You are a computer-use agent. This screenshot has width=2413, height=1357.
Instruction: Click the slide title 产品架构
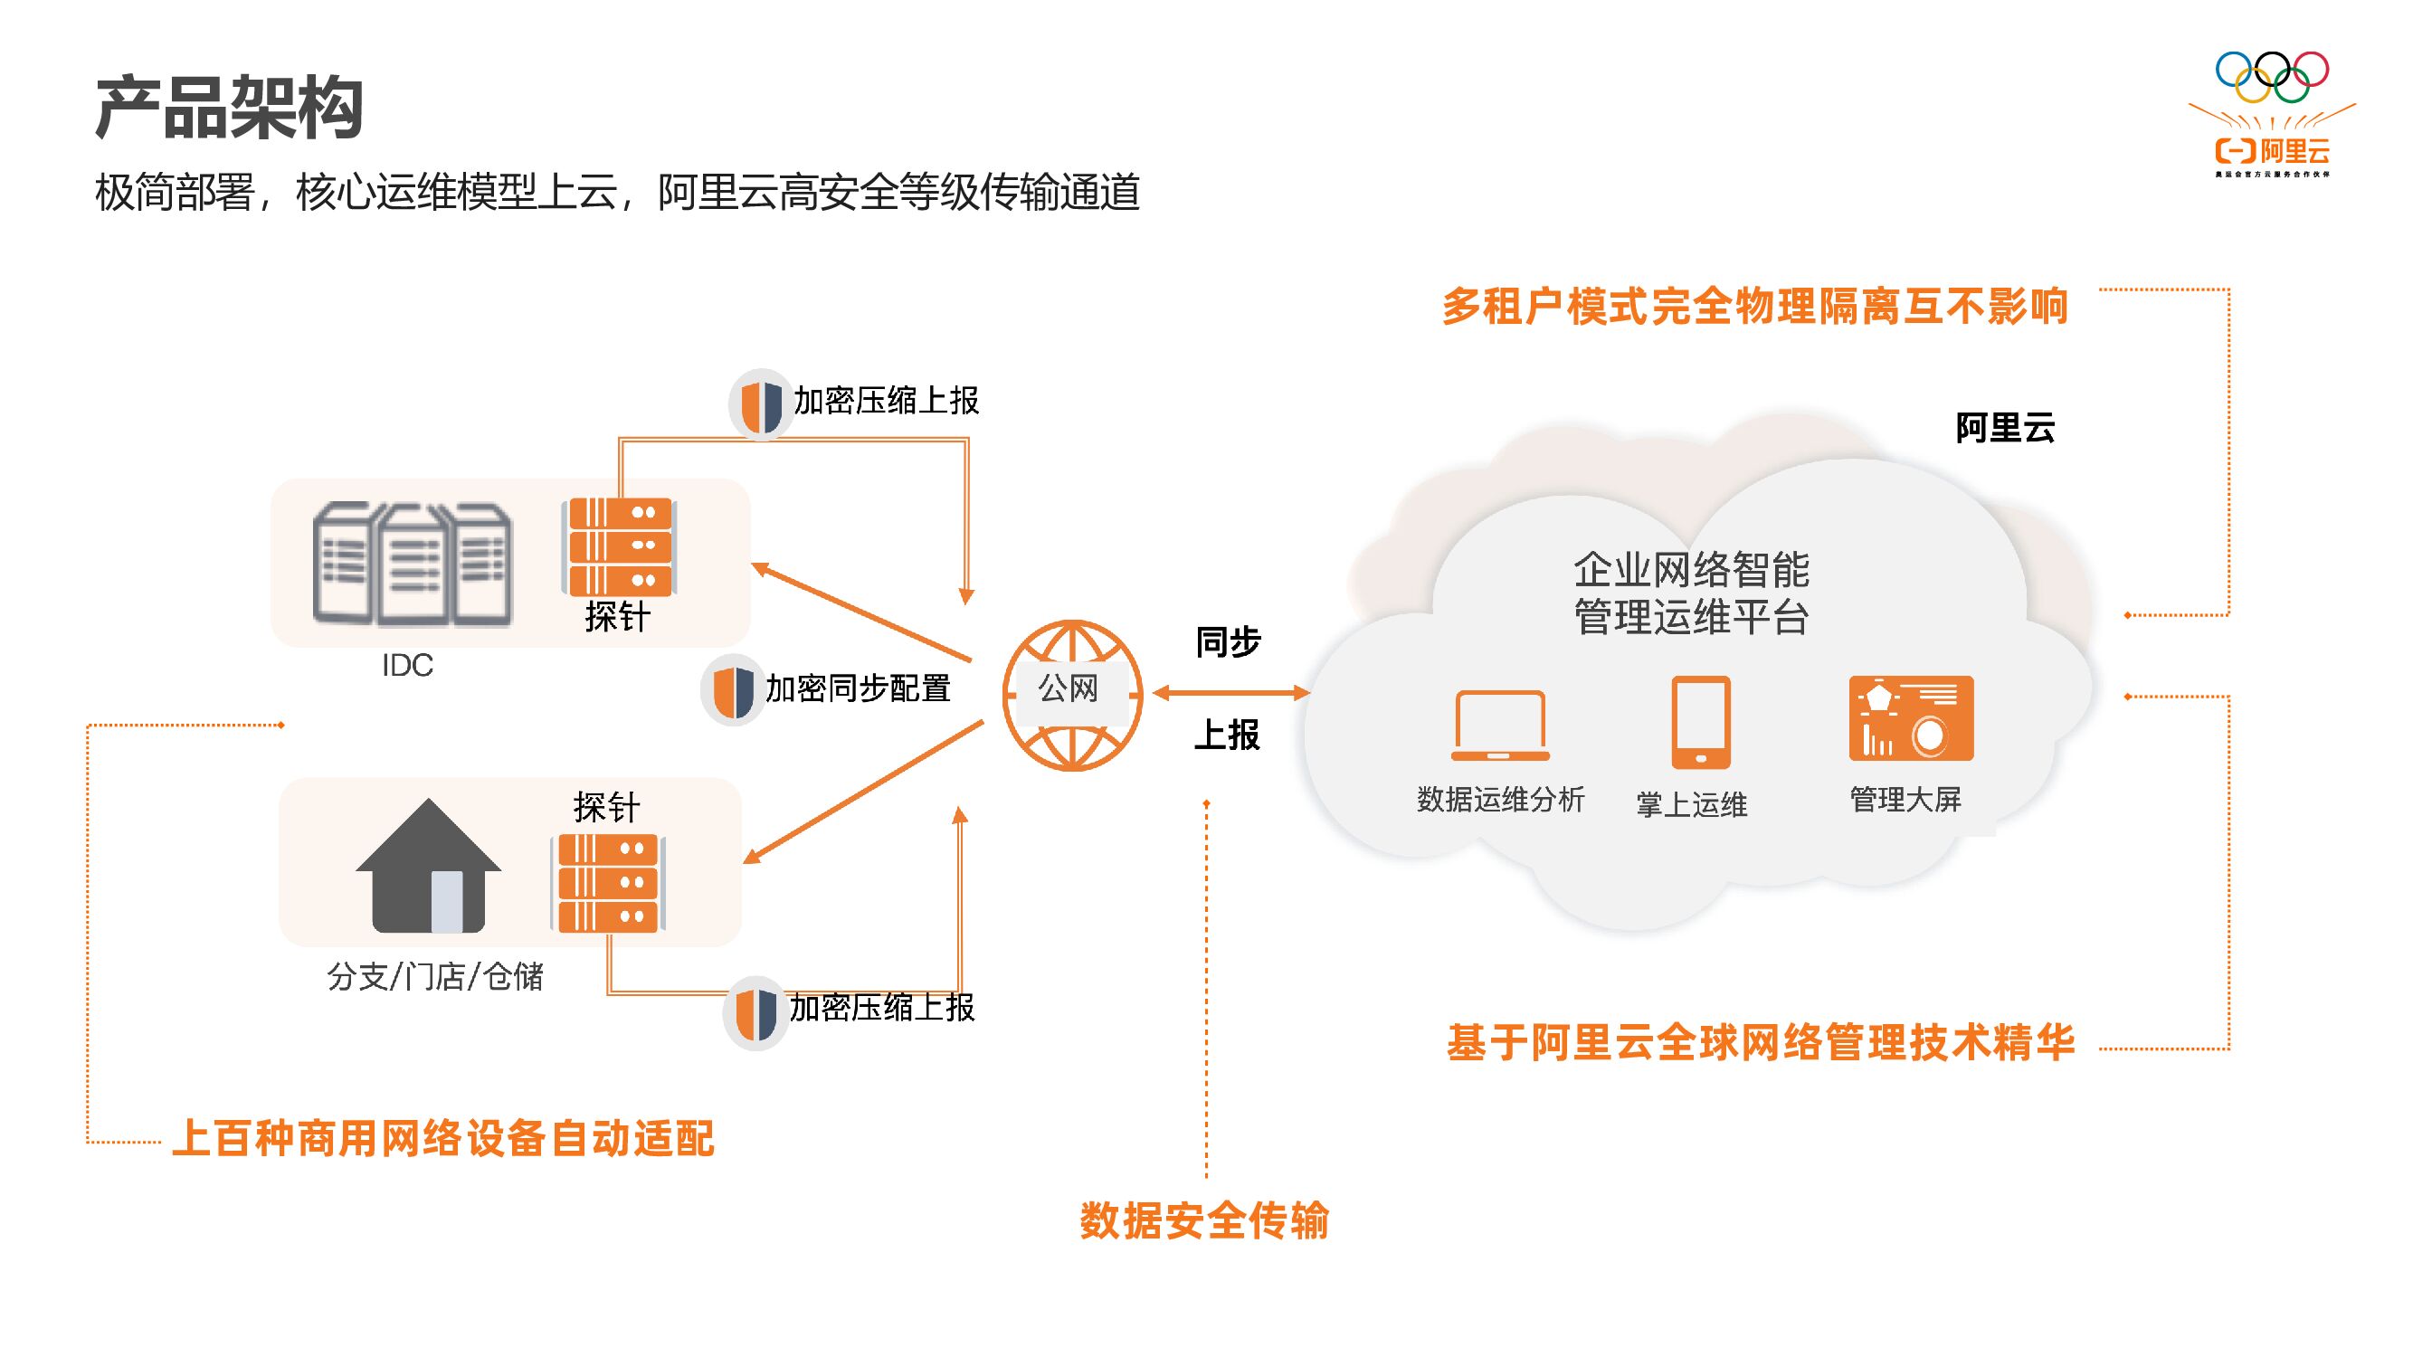click(x=229, y=108)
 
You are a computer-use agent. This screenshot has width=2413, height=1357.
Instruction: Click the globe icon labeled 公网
click(x=1071, y=694)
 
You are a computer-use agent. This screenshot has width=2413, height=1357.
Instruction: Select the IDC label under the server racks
click(x=407, y=666)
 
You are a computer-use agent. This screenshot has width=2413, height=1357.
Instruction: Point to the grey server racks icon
click(x=413, y=564)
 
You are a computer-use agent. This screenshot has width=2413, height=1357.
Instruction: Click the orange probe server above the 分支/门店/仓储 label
click(x=609, y=883)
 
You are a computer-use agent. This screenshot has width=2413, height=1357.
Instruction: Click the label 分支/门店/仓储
click(x=434, y=977)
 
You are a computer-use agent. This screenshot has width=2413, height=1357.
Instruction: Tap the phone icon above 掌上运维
click(x=1700, y=722)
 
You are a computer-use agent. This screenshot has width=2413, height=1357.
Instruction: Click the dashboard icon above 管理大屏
click(x=1911, y=718)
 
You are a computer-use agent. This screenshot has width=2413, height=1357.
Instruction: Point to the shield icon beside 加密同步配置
click(x=733, y=691)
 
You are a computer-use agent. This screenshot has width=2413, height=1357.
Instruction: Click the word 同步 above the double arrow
click(x=1228, y=642)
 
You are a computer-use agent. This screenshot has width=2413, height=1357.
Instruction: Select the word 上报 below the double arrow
click(x=1226, y=735)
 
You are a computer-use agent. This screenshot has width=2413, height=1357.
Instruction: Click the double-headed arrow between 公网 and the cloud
click(x=1230, y=693)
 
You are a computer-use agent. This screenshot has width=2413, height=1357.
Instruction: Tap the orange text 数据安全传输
click(x=1204, y=1220)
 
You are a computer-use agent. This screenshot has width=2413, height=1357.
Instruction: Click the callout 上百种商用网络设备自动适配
click(x=443, y=1139)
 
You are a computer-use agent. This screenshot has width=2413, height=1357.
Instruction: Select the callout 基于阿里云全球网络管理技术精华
click(x=1760, y=1042)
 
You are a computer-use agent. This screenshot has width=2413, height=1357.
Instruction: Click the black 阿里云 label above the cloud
click(x=2005, y=428)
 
